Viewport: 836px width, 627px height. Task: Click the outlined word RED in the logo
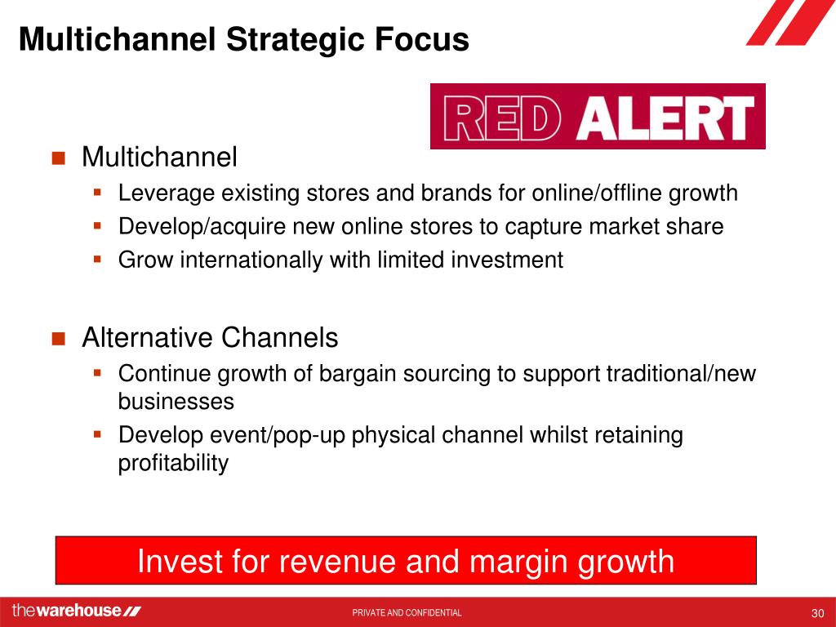tap(502, 118)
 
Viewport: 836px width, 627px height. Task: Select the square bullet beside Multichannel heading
tap(58, 158)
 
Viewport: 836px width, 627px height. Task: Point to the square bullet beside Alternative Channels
tap(58, 339)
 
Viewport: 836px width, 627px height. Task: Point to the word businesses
tap(176, 401)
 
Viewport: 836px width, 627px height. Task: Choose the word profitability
tap(173, 464)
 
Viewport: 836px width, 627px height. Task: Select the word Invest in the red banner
tap(176, 561)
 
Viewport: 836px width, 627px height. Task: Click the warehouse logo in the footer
tap(76, 611)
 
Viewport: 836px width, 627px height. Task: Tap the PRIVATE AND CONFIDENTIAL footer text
tap(407, 612)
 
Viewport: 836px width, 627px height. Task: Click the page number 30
tap(817, 613)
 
